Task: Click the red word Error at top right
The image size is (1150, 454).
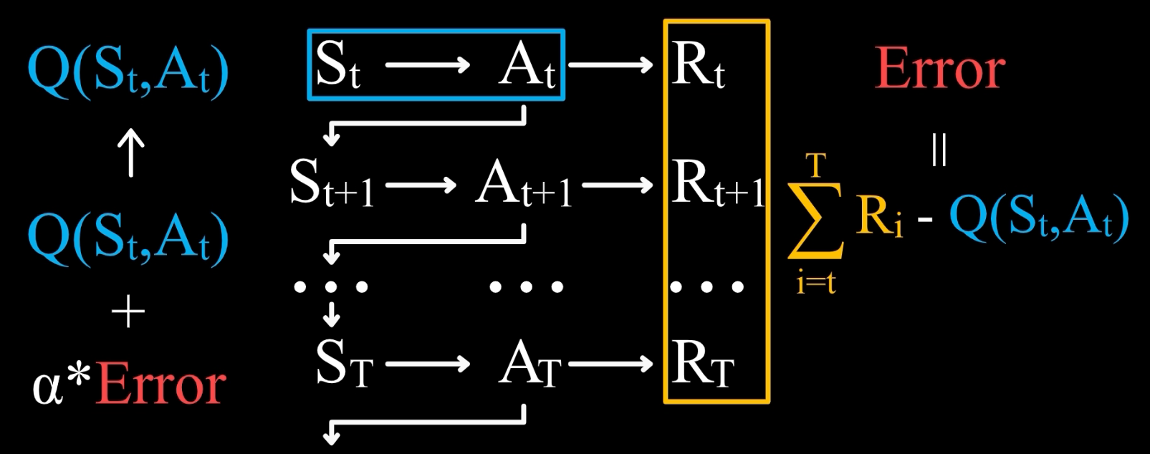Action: coord(939,69)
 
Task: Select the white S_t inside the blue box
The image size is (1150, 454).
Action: coord(337,65)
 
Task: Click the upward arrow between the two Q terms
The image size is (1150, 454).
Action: coord(130,153)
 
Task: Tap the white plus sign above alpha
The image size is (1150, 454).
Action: coord(129,313)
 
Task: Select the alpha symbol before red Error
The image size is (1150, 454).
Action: coord(47,387)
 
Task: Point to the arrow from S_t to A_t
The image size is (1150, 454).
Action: coord(427,66)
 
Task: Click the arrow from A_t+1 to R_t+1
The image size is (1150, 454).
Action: coord(618,185)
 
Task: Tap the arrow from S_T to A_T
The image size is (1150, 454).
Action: coord(427,364)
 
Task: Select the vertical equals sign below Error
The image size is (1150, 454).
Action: coord(939,150)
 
